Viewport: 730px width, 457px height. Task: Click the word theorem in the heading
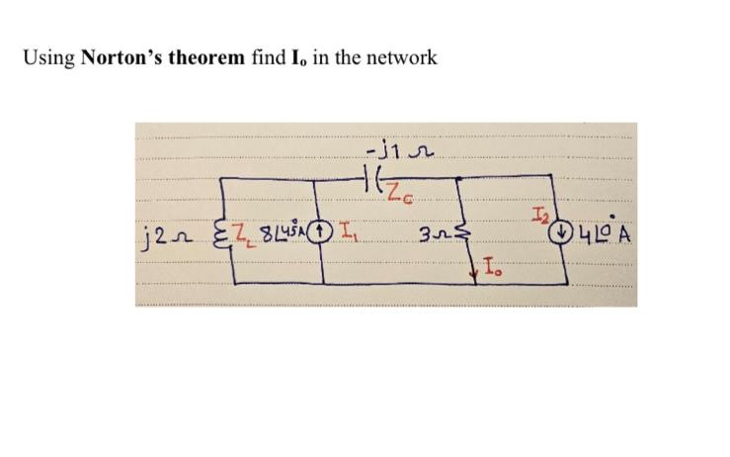point(203,58)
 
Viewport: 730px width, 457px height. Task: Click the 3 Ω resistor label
point(429,237)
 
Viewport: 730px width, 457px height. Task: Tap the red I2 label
point(538,215)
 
